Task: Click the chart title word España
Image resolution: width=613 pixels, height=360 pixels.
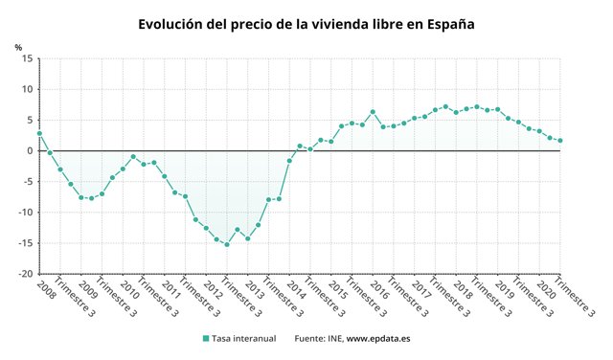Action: click(x=445, y=24)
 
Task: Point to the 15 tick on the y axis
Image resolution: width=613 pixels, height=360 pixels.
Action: click(x=28, y=59)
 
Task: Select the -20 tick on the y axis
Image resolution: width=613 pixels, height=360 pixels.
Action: click(x=26, y=274)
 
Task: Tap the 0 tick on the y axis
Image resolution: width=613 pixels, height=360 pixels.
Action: click(x=31, y=151)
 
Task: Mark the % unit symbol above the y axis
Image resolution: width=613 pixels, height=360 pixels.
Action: click(x=18, y=46)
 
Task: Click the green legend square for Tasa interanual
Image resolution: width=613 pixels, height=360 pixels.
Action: click(x=205, y=338)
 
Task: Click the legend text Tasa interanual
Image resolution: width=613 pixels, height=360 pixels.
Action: click(x=244, y=338)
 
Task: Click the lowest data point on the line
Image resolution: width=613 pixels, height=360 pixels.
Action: click(x=227, y=244)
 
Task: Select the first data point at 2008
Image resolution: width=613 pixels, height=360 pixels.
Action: click(x=39, y=133)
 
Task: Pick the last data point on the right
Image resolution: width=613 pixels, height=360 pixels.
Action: click(x=560, y=141)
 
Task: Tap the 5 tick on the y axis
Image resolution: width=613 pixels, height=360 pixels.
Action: click(x=31, y=121)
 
